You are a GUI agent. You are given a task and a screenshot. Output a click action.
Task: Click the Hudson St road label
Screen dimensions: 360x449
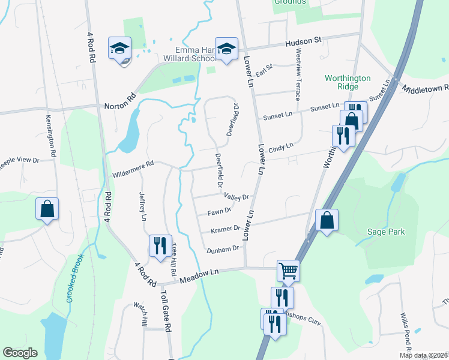(x=304, y=40)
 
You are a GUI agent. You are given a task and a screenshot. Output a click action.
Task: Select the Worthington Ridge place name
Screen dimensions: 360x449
(x=348, y=82)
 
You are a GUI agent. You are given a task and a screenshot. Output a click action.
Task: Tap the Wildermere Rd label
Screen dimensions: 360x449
(x=133, y=163)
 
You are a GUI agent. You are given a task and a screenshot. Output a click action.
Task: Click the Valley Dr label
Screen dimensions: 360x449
(x=236, y=197)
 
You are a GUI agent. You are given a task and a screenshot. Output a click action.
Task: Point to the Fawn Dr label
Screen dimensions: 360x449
(x=219, y=211)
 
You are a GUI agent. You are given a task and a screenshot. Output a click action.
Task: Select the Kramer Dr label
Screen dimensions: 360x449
(x=225, y=229)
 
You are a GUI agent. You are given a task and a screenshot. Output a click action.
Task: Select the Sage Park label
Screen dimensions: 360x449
(x=387, y=232)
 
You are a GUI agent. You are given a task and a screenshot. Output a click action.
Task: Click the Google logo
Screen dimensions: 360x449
(x=20, y=353)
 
